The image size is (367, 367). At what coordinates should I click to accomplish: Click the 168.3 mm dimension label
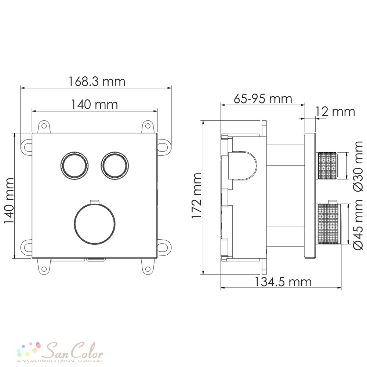pos(97,81)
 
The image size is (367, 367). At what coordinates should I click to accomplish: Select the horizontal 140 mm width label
pos(94,104)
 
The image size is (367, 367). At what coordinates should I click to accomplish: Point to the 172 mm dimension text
pos(196,196)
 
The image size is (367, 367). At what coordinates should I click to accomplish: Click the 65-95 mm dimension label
pos(263,99)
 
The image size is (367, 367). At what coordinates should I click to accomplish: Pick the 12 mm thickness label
pos(335,112)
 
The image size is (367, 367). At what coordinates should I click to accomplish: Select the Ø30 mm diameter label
pos(358,167)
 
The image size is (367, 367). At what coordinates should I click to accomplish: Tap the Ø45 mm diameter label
pos(358,225)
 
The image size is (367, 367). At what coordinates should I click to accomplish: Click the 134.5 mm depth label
pos(283,282)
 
